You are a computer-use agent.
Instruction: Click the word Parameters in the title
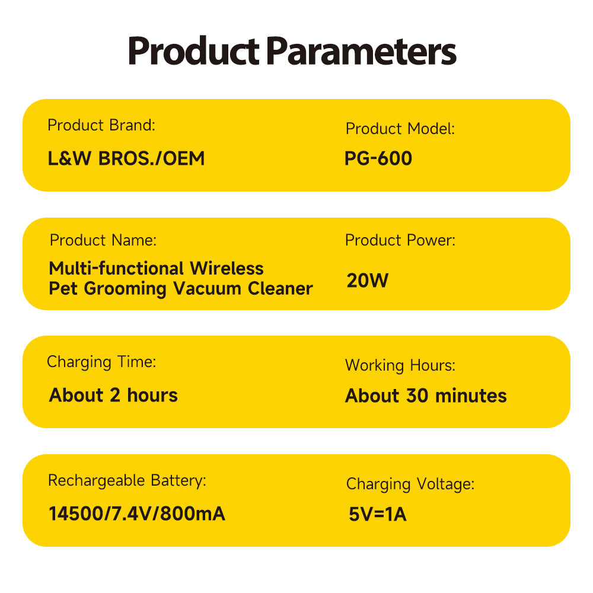[361, 51]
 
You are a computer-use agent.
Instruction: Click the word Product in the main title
[194, 50]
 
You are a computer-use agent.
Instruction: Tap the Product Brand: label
[101, 125]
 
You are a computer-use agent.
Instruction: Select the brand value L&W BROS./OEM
[126, 158]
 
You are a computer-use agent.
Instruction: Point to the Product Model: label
[400, 129]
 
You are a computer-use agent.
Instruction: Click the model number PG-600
[378, 158]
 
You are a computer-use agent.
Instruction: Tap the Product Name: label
[103, 240]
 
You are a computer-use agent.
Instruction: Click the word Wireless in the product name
[227, 269]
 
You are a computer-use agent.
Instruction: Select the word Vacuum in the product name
[207, 289]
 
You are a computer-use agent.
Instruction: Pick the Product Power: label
[400, 240]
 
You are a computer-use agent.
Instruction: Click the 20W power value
[368, 280]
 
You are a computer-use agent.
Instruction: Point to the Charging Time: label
[101, 362]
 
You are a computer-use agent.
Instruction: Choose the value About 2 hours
[113, 395]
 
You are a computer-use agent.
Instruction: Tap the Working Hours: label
[400, 365]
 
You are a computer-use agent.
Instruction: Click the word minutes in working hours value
[471, 396]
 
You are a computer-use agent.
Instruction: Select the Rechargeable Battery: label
[127, 481]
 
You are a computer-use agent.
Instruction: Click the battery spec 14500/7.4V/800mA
[137, 514]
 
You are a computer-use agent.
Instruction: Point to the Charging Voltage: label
[410, 484]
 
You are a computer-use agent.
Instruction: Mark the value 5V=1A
[377, 514]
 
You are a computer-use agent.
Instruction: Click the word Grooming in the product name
[125, 289]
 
